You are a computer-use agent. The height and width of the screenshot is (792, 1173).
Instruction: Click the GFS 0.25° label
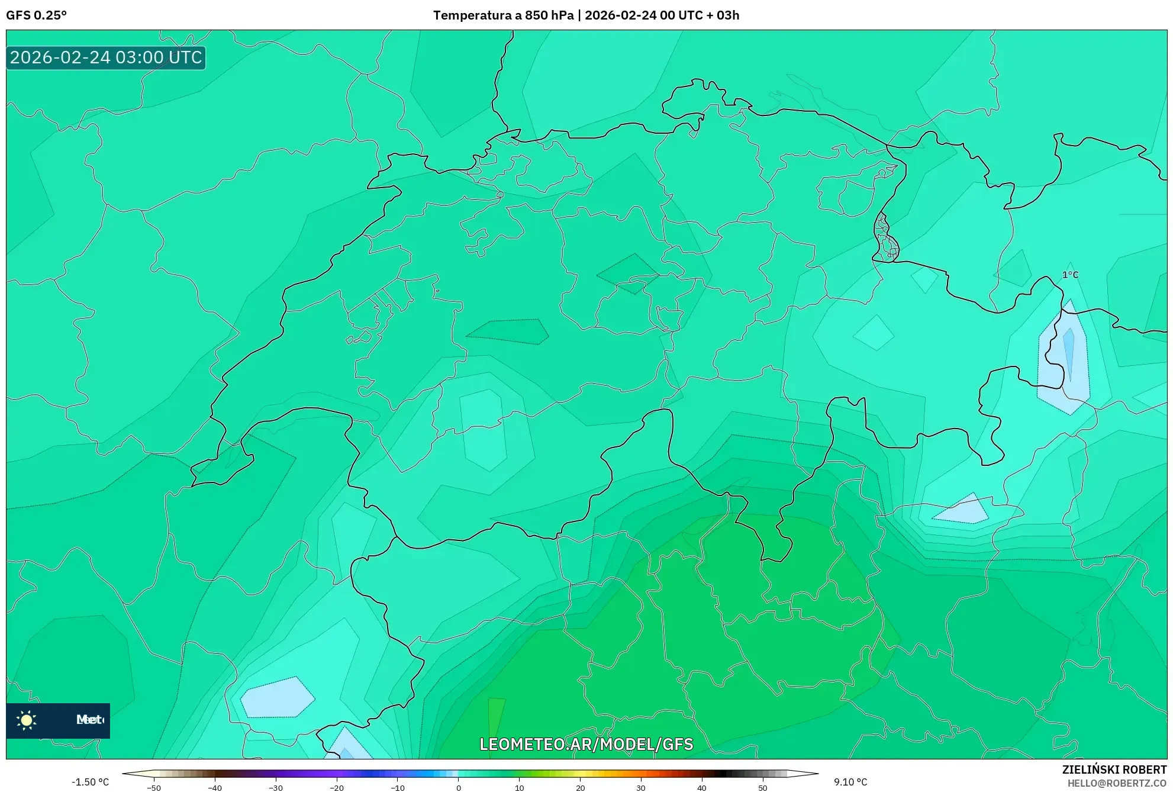pyautogui.click(x=36, y=15)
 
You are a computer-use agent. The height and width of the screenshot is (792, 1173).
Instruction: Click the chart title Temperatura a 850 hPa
pyautogui.click(x=503, y=15)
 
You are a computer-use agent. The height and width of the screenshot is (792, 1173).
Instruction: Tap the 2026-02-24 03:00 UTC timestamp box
pyautogui.click(x=106, y=58)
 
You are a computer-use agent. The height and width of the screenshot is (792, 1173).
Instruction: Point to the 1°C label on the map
pyautogui.click(x=1070, y=275)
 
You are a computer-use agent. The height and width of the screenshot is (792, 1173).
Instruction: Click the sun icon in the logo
pyautogui.click(x=27, y=720)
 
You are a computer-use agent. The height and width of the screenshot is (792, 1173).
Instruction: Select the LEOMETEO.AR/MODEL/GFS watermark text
pyautogui.click(x=586, y=744)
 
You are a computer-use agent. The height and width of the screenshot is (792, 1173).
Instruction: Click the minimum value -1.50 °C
pyautogui.click(x=90, y=782)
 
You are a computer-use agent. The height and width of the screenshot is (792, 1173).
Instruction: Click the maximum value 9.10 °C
pyautogui.click(x=850, y=782)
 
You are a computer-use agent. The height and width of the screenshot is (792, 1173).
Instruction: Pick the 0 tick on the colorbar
pyautogui.click(x=459, y=787)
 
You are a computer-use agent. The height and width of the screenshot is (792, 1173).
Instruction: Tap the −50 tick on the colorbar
pyautogui.click(x=154, y=787)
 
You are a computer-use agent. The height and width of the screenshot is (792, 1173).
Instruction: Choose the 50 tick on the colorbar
pyautogui.click(x=763, y=787)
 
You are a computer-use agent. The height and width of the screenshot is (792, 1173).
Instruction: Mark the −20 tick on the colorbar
pyautogui.click(x=337, y=787)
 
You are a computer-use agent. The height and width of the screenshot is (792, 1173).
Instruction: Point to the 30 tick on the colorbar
pyautogui.click(x=641, y=787)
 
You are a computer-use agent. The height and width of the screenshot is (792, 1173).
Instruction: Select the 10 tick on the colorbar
pyautogui.click(x=520, y=787)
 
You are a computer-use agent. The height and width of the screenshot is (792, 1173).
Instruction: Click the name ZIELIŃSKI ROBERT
pyautogui.click(x=1114, y=770)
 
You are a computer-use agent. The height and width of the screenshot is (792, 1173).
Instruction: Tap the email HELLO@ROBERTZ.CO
pyautogui.click(x=1116, y=784)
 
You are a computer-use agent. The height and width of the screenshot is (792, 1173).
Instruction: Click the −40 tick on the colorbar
pyautogui.click(x=215, y=787)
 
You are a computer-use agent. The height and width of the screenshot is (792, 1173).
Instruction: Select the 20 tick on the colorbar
pyautogui.click(x=581, y=787)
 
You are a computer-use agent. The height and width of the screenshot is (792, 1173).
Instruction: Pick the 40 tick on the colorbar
pyautogui.click(x=702, y=787)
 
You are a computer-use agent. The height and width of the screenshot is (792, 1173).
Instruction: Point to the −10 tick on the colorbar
pyautogui.click(x=398, y=787)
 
